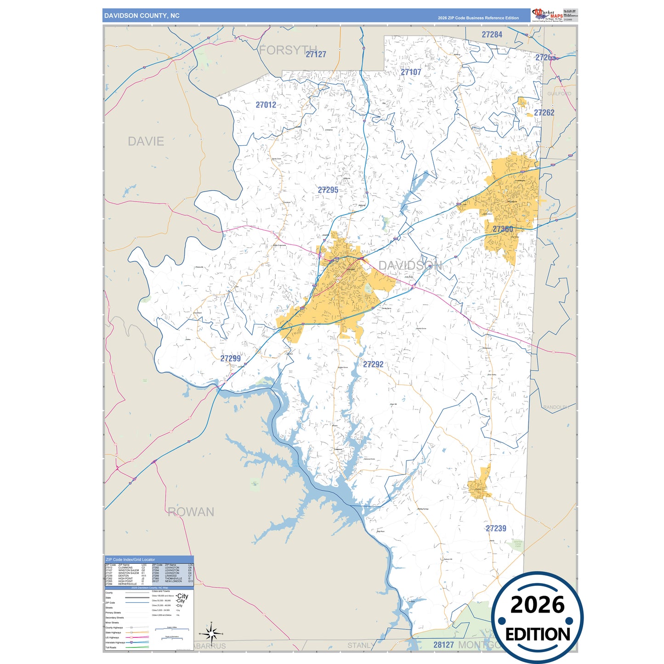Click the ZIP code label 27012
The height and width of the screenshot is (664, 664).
point(266,105)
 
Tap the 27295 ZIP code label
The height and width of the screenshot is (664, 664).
point(328,190)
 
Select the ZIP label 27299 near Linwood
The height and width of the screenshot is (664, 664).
point(230,358)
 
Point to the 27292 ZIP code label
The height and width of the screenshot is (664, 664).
point(373,364)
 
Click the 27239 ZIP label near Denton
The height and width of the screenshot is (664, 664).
point(496,528)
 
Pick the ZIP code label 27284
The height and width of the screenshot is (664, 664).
point(492,34)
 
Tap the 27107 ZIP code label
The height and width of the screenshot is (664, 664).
point(411,72)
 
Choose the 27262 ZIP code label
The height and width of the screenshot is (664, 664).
point(544,113)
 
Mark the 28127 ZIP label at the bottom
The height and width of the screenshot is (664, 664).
point(443,645)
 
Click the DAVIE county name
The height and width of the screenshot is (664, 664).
point(146,142)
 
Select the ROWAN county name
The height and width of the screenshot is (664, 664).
point(191,512)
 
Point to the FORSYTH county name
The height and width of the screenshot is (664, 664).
point(288,50)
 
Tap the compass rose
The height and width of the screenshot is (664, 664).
point(211,634)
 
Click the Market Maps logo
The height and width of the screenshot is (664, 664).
point(548,15)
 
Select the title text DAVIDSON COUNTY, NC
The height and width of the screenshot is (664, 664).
point(142,16)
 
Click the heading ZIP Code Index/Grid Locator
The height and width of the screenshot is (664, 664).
point(130,560)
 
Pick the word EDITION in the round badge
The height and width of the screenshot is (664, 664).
point(538,635)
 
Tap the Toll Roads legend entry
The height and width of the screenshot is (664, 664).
point(111,647)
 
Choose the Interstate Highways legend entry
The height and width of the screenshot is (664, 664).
point(115,642)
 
